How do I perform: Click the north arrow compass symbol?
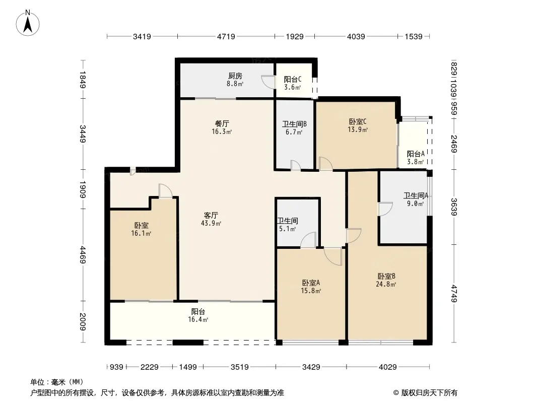[28, 23]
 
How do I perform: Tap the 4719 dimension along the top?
[226, 36]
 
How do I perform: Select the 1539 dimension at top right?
[414, 36]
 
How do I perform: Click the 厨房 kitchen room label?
[235, 76]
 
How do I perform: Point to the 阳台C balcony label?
[293, 80]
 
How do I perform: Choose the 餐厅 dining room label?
[222, 123]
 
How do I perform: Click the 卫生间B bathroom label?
[294, 124]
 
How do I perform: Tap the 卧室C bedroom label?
[358, 121]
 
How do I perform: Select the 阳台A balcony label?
[416, 154]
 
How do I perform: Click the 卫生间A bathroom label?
[416, 195]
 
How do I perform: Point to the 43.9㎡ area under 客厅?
[211, 223]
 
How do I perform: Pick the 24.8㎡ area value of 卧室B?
[386, 284]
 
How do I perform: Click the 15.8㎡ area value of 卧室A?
[311, 291]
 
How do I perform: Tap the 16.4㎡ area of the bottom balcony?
[198, 319]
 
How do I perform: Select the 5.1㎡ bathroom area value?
[287, 229]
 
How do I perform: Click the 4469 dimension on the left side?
[83, 255]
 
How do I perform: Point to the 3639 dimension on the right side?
[454, 207]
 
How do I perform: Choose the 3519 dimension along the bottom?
[239, 367]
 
